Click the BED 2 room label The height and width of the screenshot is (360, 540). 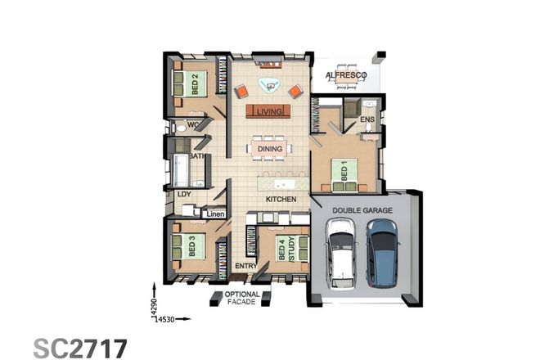coord(196,84)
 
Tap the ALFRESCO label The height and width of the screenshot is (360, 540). coord(346,75)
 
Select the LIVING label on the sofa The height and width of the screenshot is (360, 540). coord(269,111)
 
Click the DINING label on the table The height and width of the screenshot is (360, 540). coord(269,149)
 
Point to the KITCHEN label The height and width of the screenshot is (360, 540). coord(279,199)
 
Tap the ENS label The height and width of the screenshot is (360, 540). coord(367,119)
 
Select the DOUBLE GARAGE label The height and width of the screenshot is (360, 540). coord(362,210)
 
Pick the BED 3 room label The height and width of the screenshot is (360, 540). coord(191,245)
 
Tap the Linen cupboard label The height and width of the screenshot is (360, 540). coord(215,214)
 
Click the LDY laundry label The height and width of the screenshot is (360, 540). coord(174,196)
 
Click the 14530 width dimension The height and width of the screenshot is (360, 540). coord(164,316)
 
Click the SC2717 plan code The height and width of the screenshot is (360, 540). coord(80,346)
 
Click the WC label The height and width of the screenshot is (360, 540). coord(193,125)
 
